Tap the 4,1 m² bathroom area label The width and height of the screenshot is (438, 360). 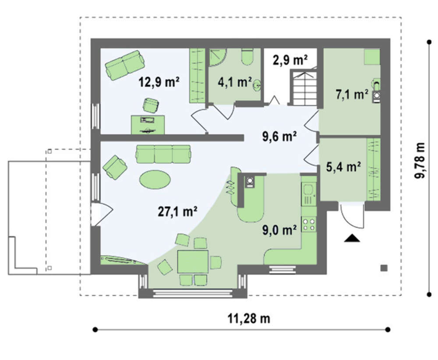coord(234,82)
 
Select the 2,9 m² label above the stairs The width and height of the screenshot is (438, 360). coord(290,60)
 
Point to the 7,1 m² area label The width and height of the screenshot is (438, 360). coord(352,95)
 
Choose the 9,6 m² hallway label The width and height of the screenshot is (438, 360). coord(279,137)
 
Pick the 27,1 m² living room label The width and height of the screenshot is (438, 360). coord(178,212)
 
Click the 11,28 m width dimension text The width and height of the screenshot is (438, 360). coord(249,318)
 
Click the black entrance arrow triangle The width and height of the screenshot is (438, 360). coord(352,238)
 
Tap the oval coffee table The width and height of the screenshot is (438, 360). coord(155,179)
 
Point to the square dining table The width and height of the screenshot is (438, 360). coord(193,262)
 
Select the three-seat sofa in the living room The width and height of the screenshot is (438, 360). coord(163,154)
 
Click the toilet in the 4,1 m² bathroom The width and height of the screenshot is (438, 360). coord(247,56)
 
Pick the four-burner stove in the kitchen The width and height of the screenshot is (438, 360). coord(309,224)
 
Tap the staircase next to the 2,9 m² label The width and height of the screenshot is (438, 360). coord(304,88)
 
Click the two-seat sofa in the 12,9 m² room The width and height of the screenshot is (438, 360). coord(125,65)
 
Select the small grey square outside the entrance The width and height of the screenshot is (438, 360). coord(384,268)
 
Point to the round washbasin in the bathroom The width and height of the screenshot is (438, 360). coord(257,85)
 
